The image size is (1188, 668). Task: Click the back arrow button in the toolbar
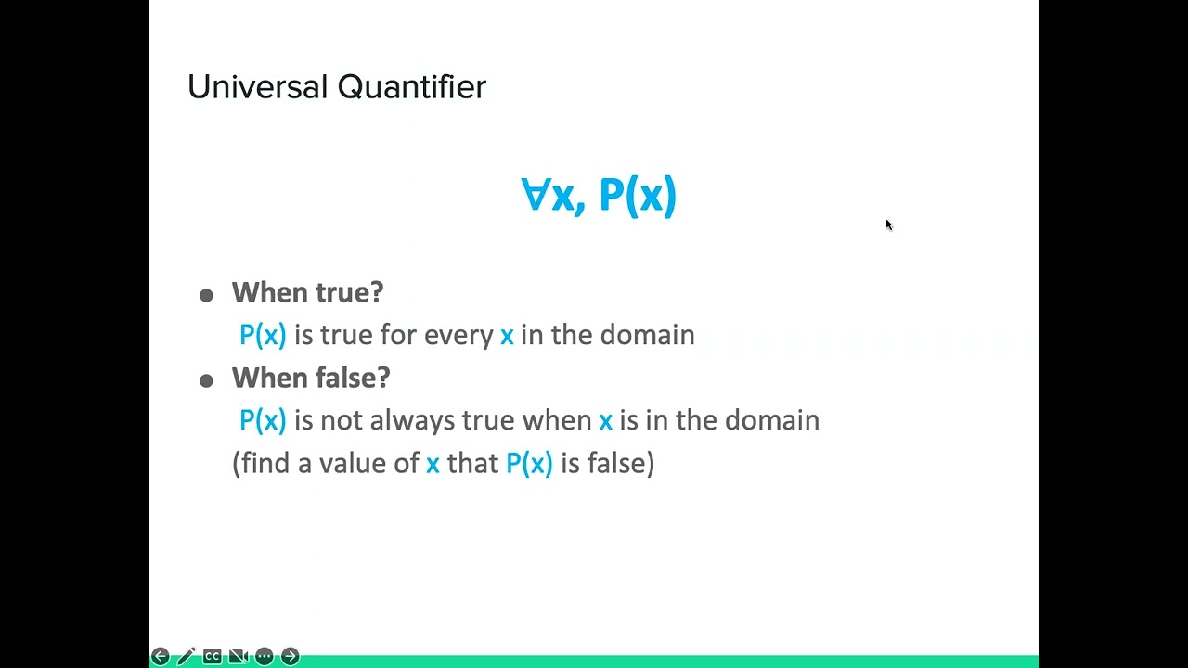click(x=160, y=656)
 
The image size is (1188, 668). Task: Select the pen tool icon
click(x=186, y=656)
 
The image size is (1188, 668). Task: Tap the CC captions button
click(x=212, y=656)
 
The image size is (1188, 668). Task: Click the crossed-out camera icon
click(x=238, y=656)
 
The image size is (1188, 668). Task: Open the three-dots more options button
click(x=264, y=656)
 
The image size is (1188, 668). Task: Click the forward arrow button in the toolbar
click(x=290, y=656)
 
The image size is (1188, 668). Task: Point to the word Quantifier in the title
click(x=411, y=87)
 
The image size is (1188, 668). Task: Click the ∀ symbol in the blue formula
click(x=535, y=196)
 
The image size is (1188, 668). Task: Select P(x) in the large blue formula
click(x=638, y=196)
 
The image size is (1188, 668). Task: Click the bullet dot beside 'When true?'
click(x=206, y=295)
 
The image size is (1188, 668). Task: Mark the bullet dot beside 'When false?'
click(x=206, y=380)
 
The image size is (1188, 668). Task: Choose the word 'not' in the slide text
click(x=341, y=420)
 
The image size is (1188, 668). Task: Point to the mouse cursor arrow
click(x=888, y=225)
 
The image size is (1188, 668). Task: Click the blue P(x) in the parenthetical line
click(x=529, y=463)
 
